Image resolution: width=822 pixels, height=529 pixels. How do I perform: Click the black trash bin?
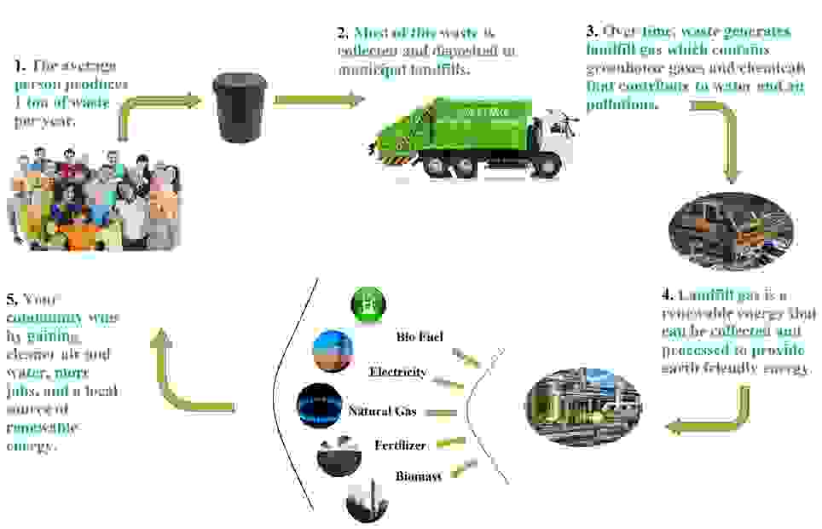click(240, 107)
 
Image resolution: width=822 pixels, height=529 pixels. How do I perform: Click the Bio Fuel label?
click(420, 337)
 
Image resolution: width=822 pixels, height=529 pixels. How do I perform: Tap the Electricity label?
click(397, 372)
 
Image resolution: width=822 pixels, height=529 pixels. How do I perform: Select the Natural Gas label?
click(382, 411)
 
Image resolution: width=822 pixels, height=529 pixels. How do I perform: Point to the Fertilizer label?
click(400, 445)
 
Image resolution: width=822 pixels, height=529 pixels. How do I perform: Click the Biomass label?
click(418, 476)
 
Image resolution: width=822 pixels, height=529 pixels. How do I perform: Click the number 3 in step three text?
click(590, 32)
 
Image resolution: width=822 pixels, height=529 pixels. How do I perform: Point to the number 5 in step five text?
click(10, 299)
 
